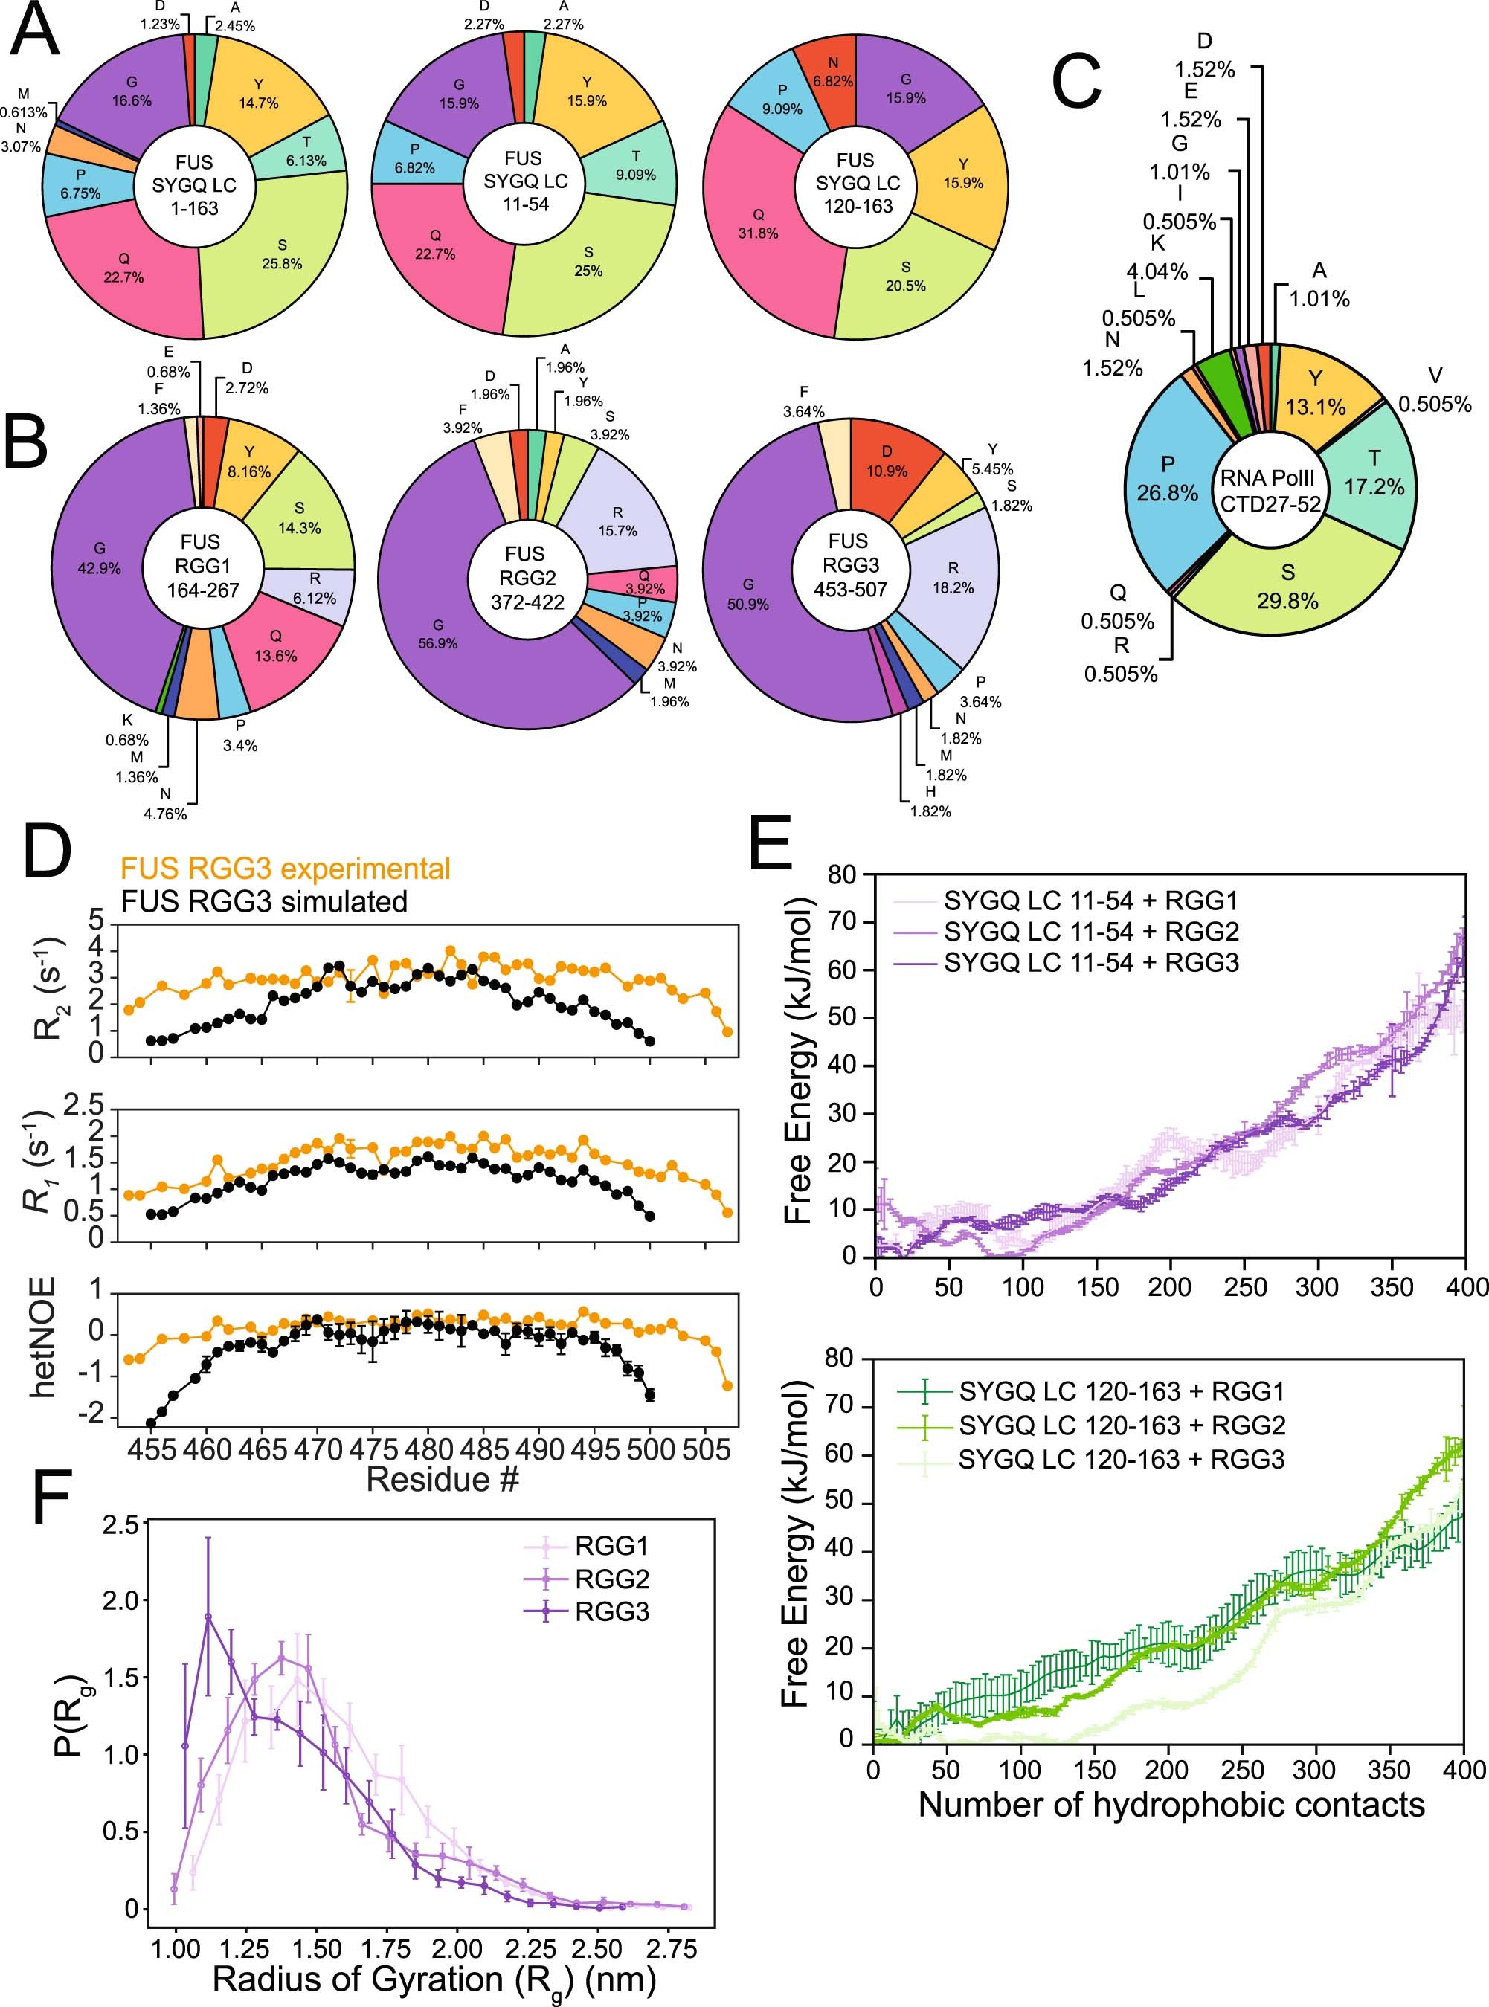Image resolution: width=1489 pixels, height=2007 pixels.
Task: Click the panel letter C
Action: [1078, 82]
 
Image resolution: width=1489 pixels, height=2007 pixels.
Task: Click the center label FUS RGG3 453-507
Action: [851, 565]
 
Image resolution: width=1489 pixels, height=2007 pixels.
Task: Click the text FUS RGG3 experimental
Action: [285, 868]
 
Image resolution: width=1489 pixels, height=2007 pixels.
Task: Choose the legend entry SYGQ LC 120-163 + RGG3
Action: [1120, 1459]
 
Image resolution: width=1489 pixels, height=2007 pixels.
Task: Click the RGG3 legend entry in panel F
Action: [612, 1611]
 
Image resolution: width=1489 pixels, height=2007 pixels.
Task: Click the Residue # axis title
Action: [442, 1479]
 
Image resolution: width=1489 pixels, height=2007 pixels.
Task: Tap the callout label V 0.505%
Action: [1434, 390]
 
